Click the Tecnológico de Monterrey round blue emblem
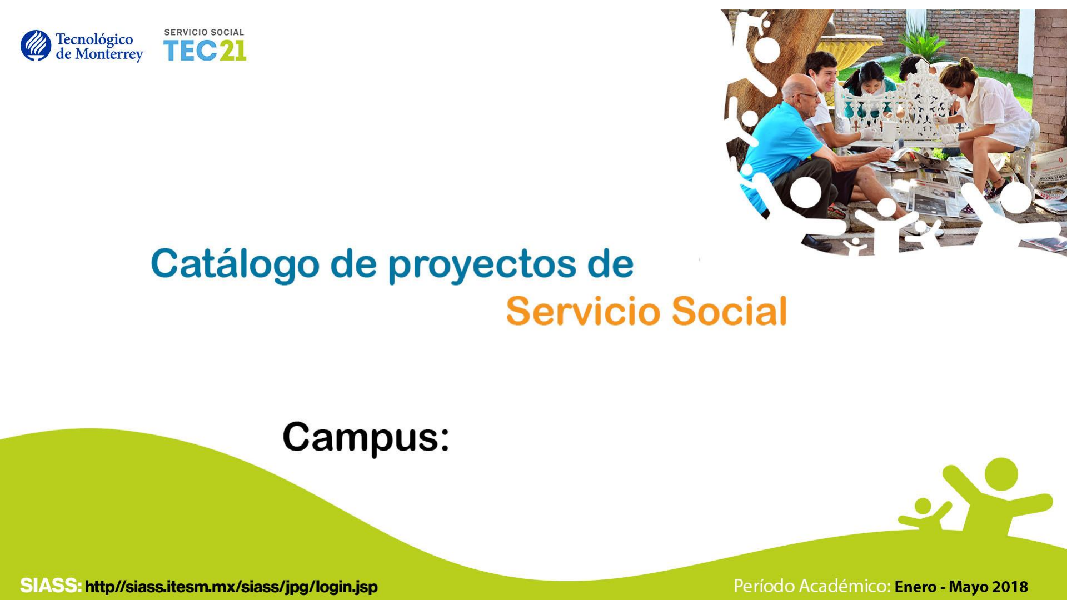coord(36,46)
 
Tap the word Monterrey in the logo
coord(109,54)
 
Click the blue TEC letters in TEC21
coord(190,51)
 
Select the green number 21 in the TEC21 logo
coord(232,51)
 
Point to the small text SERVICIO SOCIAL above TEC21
coord(204,32)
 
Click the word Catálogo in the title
coord(235,264)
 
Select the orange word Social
coord(730,311)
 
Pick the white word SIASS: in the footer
coord(51,586)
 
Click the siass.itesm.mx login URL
coord(231,587)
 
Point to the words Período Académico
coord(812,586)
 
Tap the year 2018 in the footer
coord(1010,587)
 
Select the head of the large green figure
coord(1001,474)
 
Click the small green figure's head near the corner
coord(923,506)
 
